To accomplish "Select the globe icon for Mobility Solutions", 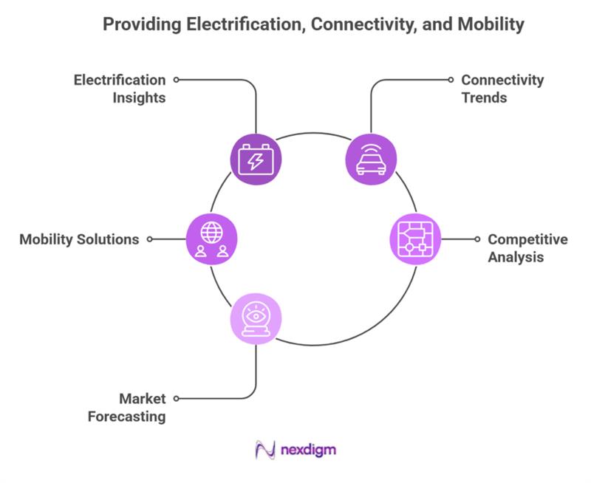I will [x=212, y=239].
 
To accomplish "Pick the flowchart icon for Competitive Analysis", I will [x=414, y=239].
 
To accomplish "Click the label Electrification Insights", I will [x=119, y=88].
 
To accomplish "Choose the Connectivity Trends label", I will [x=502, y=88].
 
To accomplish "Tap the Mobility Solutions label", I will [x=79, y=239].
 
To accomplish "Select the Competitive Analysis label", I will [x=527, y=248].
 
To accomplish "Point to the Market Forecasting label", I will [x=127, y=408].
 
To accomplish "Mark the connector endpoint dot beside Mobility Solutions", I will [x=150, y=239].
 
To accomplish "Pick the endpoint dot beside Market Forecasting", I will [x=176, y=399].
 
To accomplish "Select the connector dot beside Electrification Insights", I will [x=176, y=79].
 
